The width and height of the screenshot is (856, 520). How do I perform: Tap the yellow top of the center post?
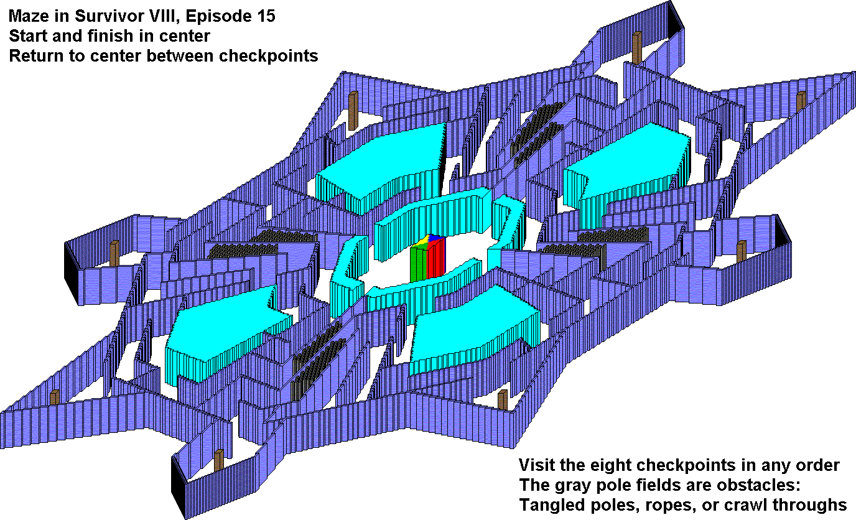coord(422,241)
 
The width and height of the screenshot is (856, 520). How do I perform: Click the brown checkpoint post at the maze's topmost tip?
coord(637,48)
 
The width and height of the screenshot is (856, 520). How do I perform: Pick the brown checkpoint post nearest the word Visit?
coord(503,399)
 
